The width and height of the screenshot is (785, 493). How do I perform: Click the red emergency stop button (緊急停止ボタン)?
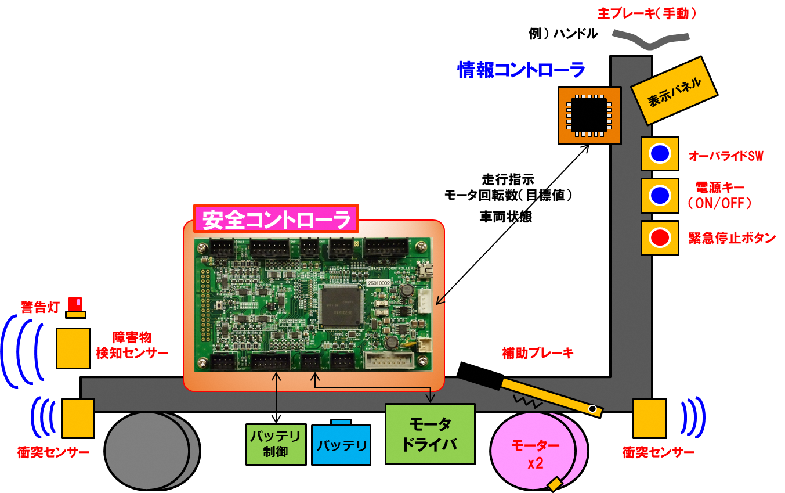[660, 237]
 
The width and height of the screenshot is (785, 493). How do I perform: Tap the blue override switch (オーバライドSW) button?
[660, 153]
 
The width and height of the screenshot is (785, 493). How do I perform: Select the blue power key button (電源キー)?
[660, 196]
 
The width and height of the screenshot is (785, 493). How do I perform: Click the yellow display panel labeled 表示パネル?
[674, 89]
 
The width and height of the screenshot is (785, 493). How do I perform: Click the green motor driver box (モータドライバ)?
[430, 434]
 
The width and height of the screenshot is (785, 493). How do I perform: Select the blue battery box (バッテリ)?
[341, 445]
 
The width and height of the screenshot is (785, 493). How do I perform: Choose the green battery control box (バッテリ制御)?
[276, 444]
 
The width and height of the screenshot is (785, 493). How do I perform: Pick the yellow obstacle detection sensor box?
[73, 348]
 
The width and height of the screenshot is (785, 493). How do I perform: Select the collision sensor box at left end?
[78, 418]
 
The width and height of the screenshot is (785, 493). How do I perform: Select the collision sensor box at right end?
[650, 418]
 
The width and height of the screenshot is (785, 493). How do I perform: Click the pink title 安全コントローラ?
[276, 220]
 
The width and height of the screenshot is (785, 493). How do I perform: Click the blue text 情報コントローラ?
[521, 70]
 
